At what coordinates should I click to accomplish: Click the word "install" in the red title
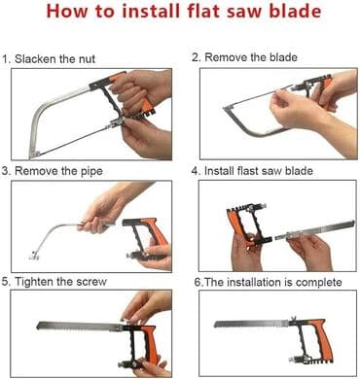coord(152,11)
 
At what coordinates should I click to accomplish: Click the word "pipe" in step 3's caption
coord(91,171)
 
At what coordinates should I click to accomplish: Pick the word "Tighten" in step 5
coord(34,282)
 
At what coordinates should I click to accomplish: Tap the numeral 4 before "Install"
coord(195,171)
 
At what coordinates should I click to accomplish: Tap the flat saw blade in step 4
coord(314,230)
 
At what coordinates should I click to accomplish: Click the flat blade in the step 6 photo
coord(251,324)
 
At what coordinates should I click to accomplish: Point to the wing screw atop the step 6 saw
coord(294,319)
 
